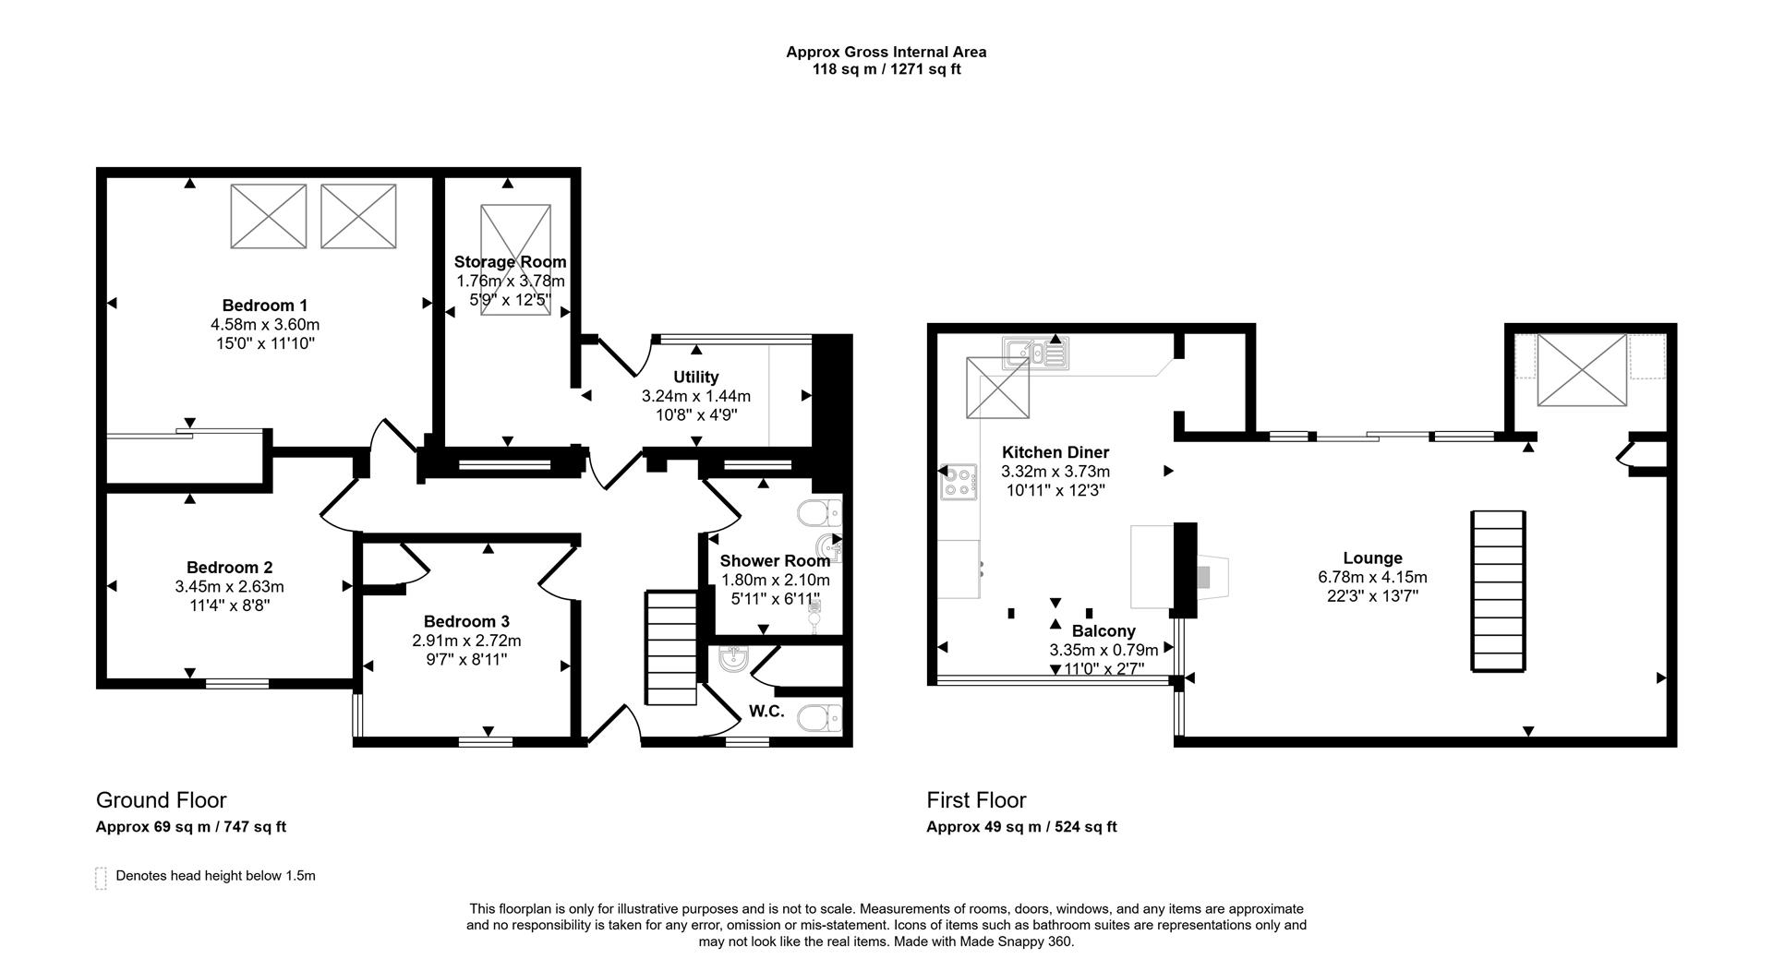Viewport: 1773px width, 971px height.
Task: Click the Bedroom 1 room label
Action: click(265, 306)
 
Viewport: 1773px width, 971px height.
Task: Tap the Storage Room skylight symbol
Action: click(515, 261)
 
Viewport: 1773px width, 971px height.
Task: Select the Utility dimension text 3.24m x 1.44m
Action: click(696, 396)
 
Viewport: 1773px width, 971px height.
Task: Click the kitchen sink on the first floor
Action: click(1035, 353)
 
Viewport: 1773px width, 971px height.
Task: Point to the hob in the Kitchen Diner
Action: click(959, 482)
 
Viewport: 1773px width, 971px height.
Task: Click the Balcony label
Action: click(1104, 631)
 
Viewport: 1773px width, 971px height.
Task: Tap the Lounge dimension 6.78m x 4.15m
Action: click(1372, 578)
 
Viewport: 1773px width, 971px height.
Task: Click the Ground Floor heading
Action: click(161, 800)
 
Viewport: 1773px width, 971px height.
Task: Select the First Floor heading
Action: click(976, 800)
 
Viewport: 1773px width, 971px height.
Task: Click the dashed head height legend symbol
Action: click(101, 878)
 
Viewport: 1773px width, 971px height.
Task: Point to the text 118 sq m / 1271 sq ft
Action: click(886, 69)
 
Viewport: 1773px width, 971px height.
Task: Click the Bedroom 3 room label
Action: click(466, 622)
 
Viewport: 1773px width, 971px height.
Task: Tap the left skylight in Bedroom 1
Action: click(268, 216)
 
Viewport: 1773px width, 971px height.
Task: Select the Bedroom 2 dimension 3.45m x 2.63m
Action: click(229, 587)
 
